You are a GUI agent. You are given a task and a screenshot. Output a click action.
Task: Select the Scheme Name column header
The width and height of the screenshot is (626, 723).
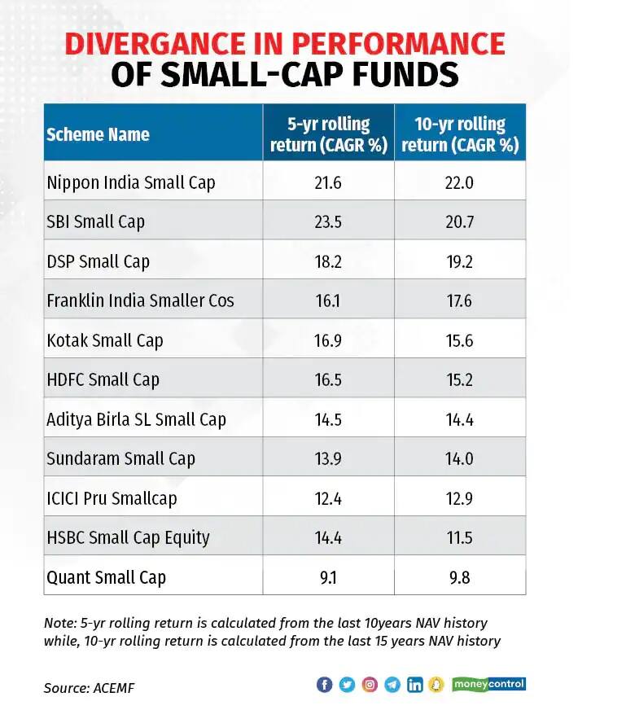point(98,134)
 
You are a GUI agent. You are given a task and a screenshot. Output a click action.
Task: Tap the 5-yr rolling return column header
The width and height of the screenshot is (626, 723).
point(328,134)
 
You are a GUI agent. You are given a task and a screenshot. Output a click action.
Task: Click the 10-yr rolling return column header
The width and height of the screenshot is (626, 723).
point(460,134)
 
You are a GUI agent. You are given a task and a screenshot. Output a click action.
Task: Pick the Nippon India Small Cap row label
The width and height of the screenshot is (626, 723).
point(130,182)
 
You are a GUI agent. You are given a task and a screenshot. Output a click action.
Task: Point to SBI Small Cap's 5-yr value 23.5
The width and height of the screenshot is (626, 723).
point(328,221)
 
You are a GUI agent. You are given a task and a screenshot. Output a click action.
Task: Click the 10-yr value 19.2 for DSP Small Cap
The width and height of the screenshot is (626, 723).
point(460,261)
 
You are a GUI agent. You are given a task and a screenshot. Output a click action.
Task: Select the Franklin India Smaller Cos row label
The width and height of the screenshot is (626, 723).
point(140,300)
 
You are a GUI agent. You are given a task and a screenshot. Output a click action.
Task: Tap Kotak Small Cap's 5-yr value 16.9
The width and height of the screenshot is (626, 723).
point(328,340)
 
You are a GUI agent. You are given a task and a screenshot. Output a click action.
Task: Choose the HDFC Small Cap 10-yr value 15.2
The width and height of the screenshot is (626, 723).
point(460,379)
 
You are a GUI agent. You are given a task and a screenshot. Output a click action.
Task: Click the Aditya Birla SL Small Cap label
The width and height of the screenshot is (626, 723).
point(136,419)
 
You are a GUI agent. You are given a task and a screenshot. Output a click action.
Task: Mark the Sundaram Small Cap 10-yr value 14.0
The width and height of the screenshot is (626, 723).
point(460,458)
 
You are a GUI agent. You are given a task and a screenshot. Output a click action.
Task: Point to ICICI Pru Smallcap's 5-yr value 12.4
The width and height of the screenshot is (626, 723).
point(328,498)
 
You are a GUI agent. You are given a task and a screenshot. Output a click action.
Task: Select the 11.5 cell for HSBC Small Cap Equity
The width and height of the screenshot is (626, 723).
point(460,537)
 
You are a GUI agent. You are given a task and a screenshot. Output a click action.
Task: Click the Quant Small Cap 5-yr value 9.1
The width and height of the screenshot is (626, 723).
point(328,577)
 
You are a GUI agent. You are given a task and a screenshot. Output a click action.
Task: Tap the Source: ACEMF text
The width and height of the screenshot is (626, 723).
point(89,688)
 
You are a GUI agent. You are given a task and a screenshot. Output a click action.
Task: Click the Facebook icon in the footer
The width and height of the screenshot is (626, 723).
point(324,685)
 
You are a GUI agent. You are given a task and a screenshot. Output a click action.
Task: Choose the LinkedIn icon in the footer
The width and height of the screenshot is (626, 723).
point(414,685)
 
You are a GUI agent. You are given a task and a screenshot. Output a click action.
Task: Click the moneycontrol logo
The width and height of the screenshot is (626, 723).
point(488,684)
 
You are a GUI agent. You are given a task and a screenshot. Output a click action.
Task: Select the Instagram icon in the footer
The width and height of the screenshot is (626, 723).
point(370,685)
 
